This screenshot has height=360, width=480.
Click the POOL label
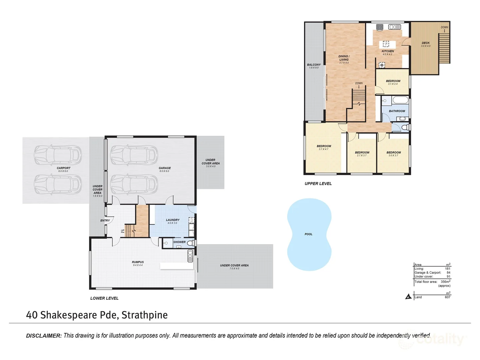click(308, 234)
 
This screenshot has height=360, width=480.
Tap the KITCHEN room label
click(388, 51)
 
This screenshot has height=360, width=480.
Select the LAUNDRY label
click(173, 220)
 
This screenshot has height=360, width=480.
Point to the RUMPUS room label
click(138, 262)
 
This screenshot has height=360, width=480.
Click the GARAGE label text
click(164, 168)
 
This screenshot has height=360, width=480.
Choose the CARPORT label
click(63, 168)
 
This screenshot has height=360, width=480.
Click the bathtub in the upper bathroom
click(400, 100)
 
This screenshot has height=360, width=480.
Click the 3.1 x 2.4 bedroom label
click(393, 81)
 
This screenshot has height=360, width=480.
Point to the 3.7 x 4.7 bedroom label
click(324, 146)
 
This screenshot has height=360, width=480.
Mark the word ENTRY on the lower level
click(105, 221)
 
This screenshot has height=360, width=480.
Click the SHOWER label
click(179, 242)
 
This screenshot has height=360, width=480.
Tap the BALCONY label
click(314, 65)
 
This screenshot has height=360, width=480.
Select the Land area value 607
click(447, 297)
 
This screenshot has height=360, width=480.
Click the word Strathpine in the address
click(144, 315)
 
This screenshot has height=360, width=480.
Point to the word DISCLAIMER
click(44, 336)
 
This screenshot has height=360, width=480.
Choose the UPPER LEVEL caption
click(318, 184)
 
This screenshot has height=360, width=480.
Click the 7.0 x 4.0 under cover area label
click(234, 266)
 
